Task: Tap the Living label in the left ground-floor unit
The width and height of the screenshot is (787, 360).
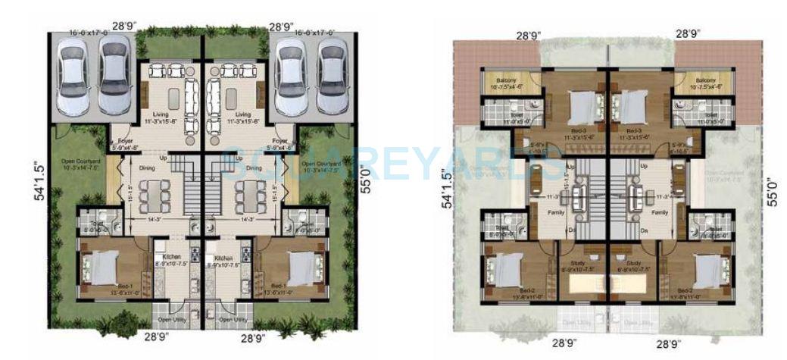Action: click(x=161, y=115)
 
